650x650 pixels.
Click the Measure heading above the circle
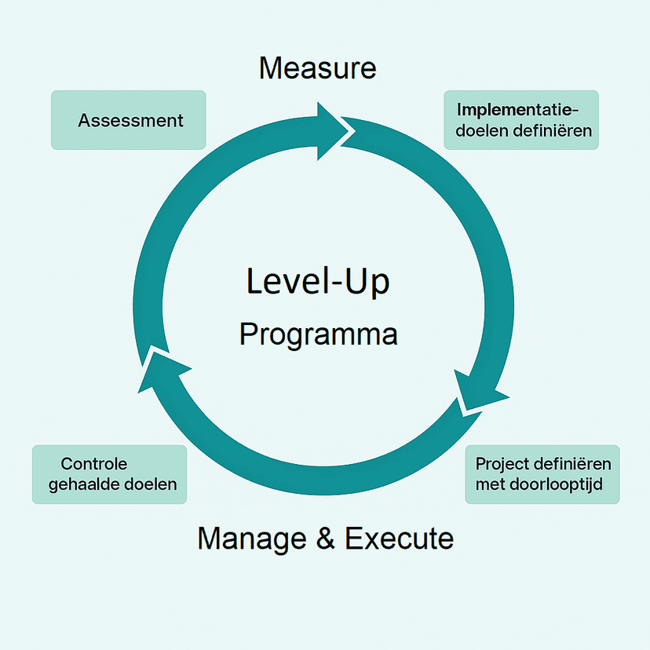click(x=318, y=68)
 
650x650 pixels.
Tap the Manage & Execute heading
click(x=325, y=539)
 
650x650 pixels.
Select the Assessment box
click(x=129, y=120)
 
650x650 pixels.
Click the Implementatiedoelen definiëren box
click(x=520, y=119)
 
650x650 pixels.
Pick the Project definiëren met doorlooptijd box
click(x=542, y=474)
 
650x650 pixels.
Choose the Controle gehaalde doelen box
click(x=110, y=474)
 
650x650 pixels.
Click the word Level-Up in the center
click(x=318, y=281)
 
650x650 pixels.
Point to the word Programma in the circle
click(x=318, y=335)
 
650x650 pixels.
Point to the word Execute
click(x=399, y=539)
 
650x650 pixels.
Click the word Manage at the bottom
click(x=250, y=539)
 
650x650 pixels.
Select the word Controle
click(x=94, y=464)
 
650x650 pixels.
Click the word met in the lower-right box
click(x=490, y=484)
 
